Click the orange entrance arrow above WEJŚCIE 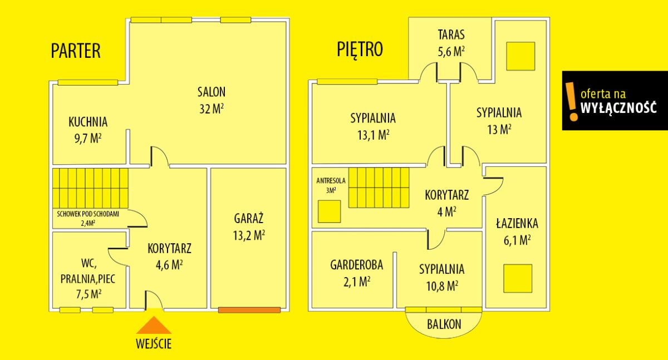[x=154, y=326]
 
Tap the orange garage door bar [x=249, y=310]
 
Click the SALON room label [x=212, y=92]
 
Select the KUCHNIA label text [x=88, y=122]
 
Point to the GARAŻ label [x=249, y=218]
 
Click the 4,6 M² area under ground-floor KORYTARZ [x=169, y=265]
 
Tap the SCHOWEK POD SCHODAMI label [x=88, y=214]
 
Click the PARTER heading [x=76, y=51]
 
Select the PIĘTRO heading [x=360, y=50]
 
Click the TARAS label [x=451, y=34]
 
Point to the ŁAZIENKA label [x=517, y=223]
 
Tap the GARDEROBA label [x=357, y=265]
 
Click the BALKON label [x=444, y=324]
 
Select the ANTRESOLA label [x=331, y=181]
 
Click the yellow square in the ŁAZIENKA [x=518, y=278]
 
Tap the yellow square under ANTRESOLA [x=329, y=211]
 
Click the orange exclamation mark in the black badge [x=572, y=101]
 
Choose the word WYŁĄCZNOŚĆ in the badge [x=619, y=107]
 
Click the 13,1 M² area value [x=374, y=135]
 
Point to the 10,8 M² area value [x=442, y=286]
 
